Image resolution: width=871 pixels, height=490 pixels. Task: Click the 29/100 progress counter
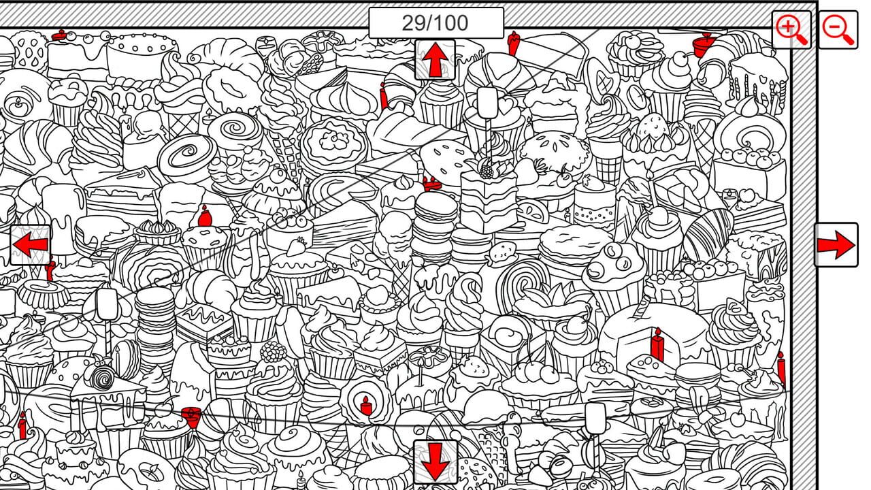click(435, 23)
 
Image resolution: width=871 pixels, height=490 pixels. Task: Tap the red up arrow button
click(435, 60)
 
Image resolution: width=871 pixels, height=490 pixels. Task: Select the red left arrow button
click(30, 244)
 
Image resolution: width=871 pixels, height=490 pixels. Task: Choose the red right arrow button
click(837, 244)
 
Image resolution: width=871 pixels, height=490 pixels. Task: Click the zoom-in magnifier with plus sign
click(791, 30)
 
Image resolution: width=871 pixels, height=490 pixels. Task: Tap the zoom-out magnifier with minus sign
click(838, 30)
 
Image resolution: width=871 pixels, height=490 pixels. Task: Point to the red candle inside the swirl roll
click(366, 406)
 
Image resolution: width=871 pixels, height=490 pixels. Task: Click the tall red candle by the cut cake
click(657, 345)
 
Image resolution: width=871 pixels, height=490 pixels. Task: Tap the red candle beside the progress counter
click(514, 42)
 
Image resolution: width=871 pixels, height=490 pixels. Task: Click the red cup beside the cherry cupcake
click(191, 415)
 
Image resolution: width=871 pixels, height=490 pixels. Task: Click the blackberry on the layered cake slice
click(487, 169)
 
